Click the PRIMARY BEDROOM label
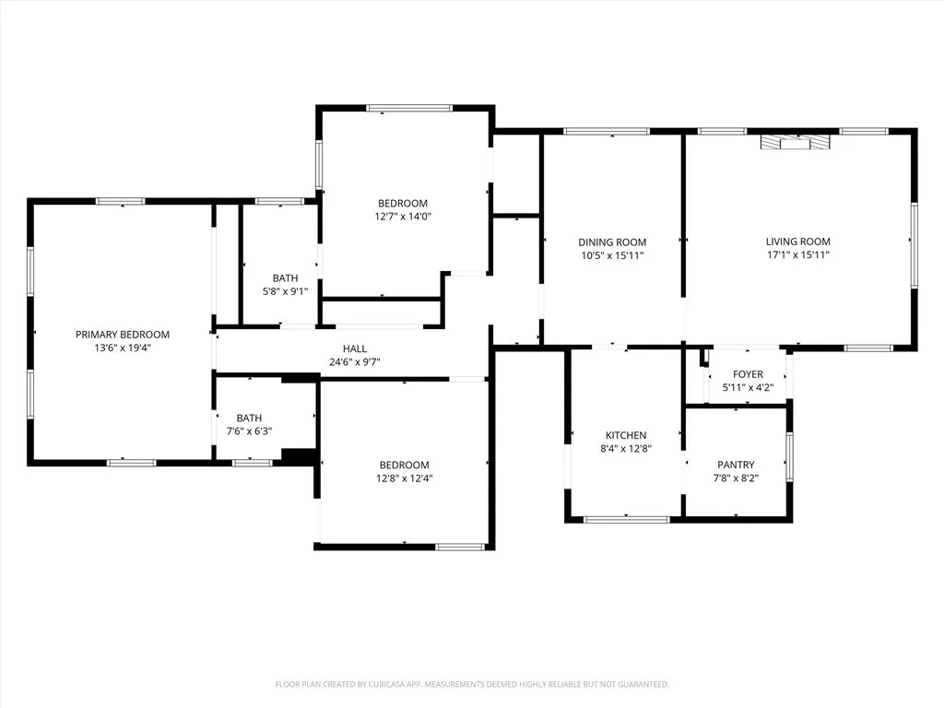(123, 335)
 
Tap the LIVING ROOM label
(797, 242)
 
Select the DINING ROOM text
(611, 242)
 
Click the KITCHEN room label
(626, 435)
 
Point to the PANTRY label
(736, 465)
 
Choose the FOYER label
(748, 374)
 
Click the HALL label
(355, 348)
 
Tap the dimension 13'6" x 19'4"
(123, 348)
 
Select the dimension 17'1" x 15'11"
(797, 254)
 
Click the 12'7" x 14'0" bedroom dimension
(403, 217)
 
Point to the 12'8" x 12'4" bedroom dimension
(404, 478)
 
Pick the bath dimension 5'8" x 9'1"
(285, 291)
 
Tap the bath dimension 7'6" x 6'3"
(248, 431)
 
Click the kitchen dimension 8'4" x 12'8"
(626, 448)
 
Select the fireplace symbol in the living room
(795, 142)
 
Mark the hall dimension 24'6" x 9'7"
(355, 361)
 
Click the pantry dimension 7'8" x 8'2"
(736, 478)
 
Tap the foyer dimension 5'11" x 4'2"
(748, 387)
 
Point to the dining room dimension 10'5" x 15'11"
(611, 255)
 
